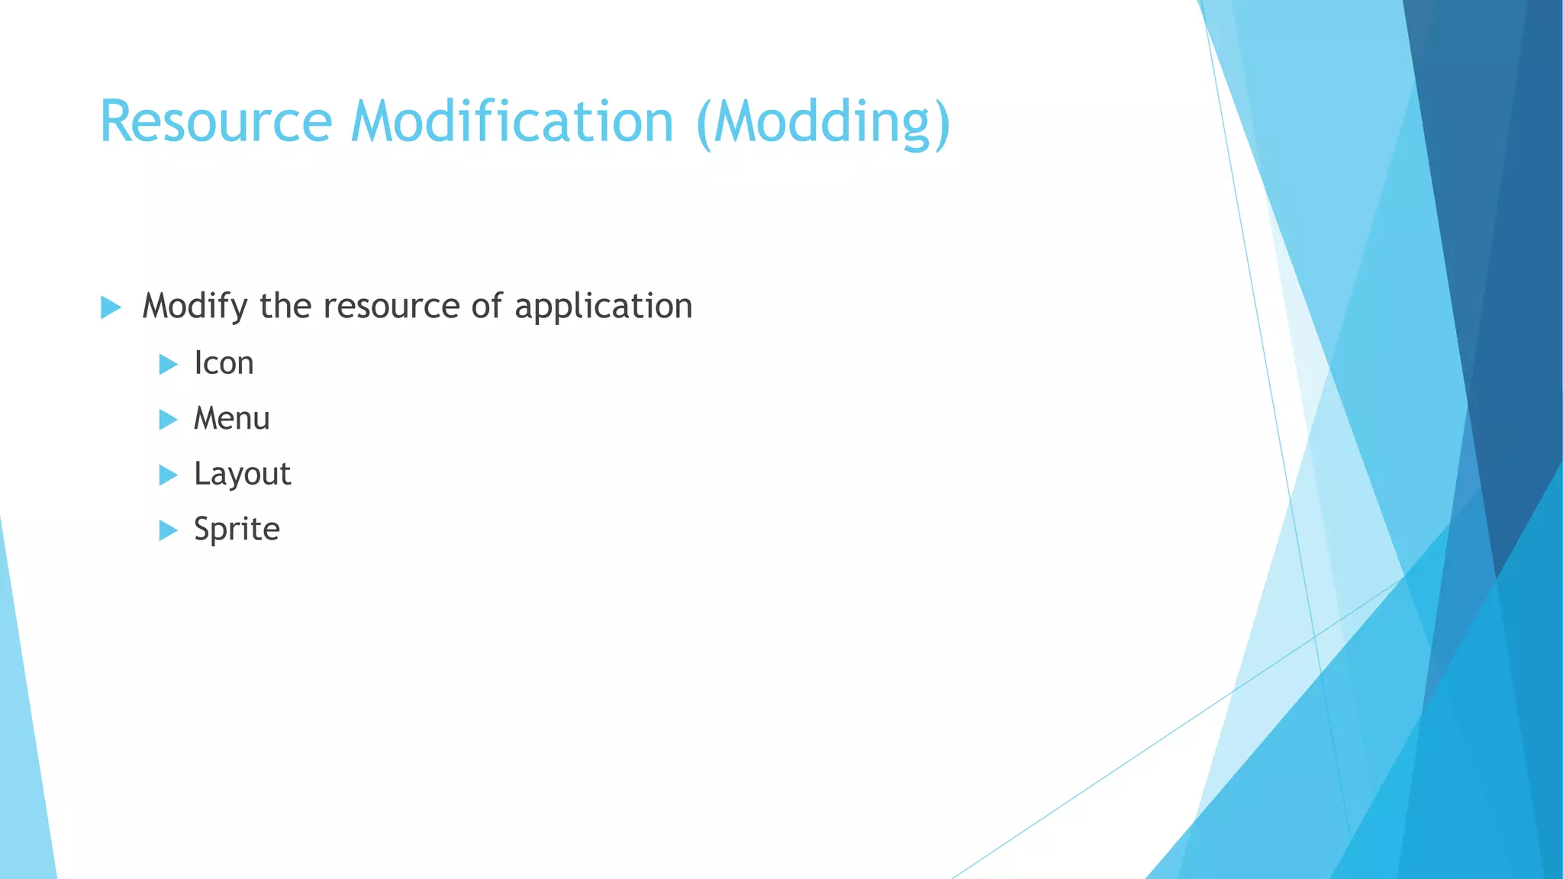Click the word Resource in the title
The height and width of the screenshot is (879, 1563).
216,122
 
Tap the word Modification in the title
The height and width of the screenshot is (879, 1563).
512,122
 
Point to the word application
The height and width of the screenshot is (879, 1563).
603,307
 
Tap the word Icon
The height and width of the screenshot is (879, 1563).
224,363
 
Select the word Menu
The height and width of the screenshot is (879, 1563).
231,419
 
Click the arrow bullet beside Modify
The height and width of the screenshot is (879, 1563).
111,308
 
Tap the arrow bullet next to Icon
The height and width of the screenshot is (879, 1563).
168,364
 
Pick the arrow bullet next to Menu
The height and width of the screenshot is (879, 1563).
168,420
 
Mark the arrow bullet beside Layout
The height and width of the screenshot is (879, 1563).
168,475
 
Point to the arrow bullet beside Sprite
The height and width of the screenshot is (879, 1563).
168,530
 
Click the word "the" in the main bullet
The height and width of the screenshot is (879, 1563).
285,307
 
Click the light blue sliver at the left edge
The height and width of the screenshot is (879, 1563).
23,763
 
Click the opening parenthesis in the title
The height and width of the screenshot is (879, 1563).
704,124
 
